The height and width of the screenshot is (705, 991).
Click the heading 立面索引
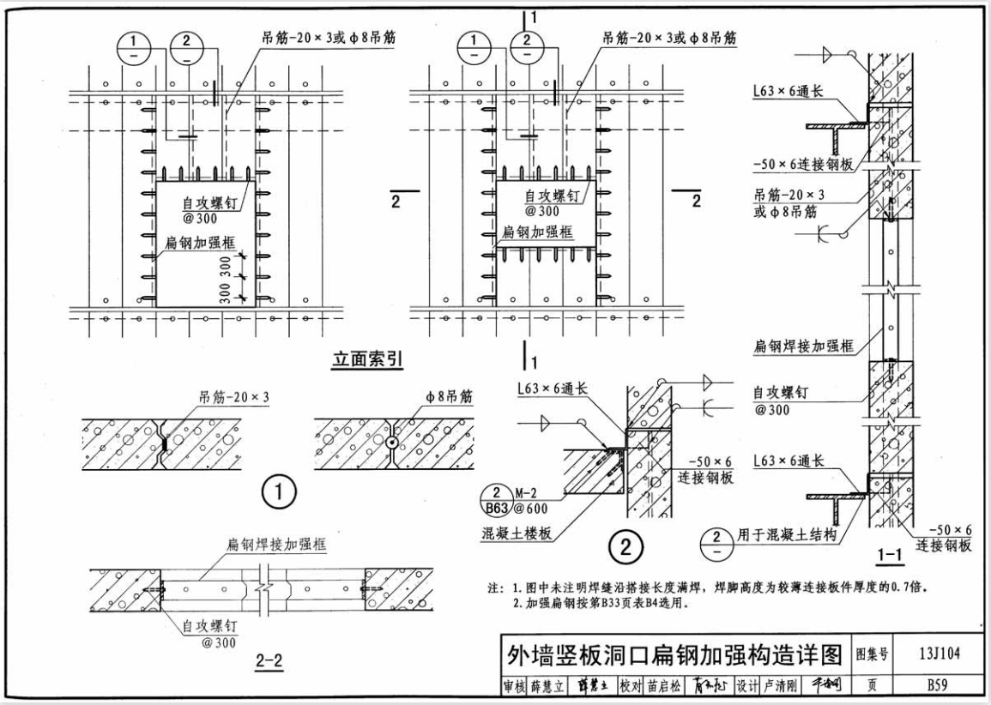coord(367,360)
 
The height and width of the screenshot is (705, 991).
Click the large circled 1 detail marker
coord(279,492)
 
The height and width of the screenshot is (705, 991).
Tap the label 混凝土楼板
coord(517,533)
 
